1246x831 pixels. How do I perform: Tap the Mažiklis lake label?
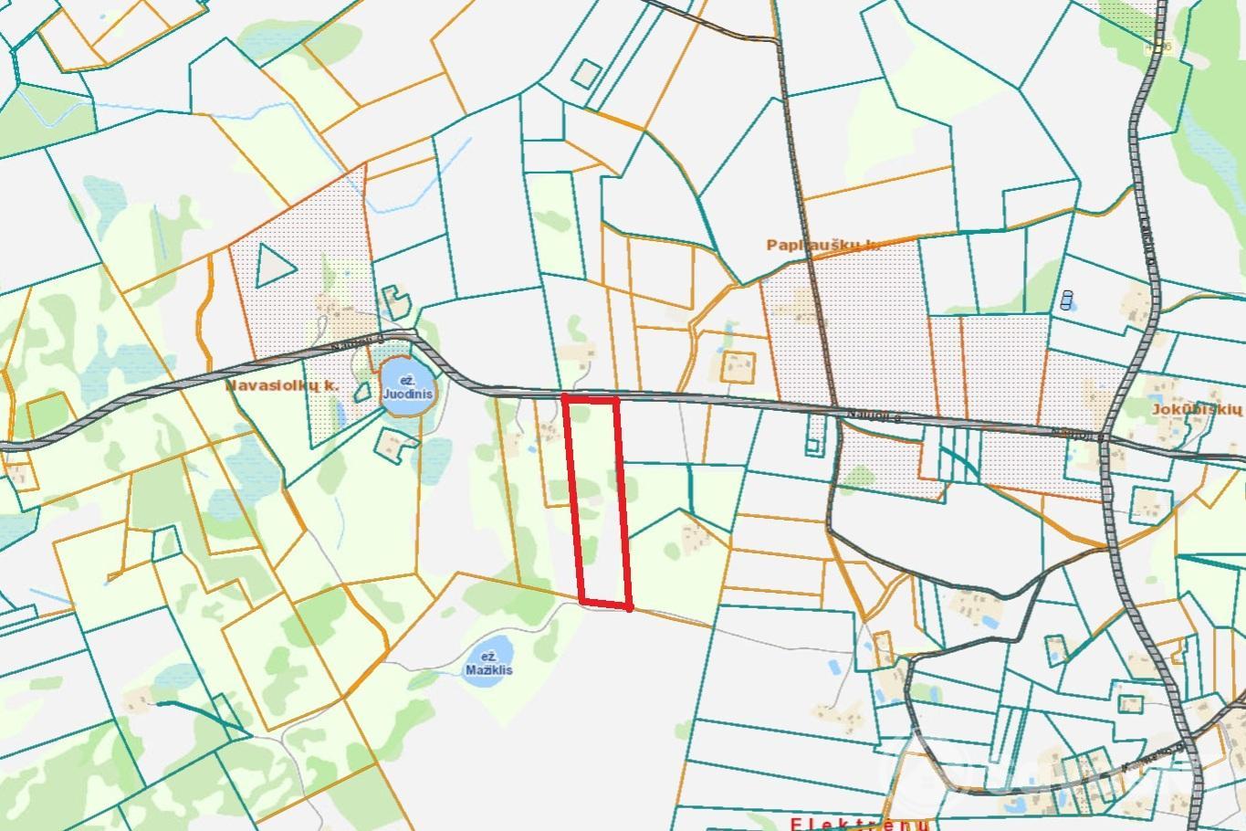(x=488, y=663)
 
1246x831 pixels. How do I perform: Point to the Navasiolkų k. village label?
(x=282, y=386)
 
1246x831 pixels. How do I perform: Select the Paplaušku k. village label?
(x=822, y=245)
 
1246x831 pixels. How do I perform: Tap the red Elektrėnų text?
(x=859, y=824)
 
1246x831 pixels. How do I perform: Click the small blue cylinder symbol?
(x=1066, y=299)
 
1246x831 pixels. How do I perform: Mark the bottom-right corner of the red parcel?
(x=630, y=606)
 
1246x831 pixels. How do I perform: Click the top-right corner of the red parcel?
(x=617, y=399)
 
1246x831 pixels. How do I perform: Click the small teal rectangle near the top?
(x=587, y=75)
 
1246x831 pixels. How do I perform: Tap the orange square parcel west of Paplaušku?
(x=738, y=367)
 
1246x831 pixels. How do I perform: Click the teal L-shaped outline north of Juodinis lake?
(x=394, y=299)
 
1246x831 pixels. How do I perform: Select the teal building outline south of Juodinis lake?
(x=396, y=445)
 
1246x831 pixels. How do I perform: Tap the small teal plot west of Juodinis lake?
(x=362, y=393)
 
